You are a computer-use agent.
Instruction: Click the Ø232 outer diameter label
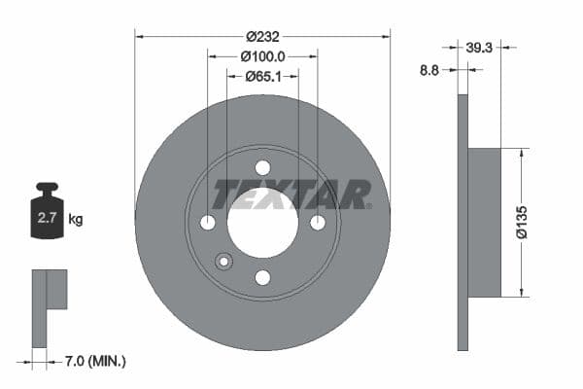(261, 35)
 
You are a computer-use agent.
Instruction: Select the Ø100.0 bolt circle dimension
(261, 55)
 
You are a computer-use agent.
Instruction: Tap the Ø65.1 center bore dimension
(261, 76)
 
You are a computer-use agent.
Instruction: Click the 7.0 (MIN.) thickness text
(91, 362)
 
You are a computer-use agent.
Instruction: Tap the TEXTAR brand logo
(291, 194)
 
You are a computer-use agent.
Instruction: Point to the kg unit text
(76, 219)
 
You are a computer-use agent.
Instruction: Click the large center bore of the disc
(262, 223)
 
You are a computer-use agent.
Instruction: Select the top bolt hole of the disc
(262, 167)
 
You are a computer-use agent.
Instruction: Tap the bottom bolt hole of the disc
(262, 278)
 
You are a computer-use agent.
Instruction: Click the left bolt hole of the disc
(207, 223)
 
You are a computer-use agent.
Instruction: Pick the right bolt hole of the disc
(318, 223)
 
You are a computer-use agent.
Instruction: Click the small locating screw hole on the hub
(223, 261)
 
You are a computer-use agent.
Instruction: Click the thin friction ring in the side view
(463, 223)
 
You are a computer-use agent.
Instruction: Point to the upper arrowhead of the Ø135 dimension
(522, 153)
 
